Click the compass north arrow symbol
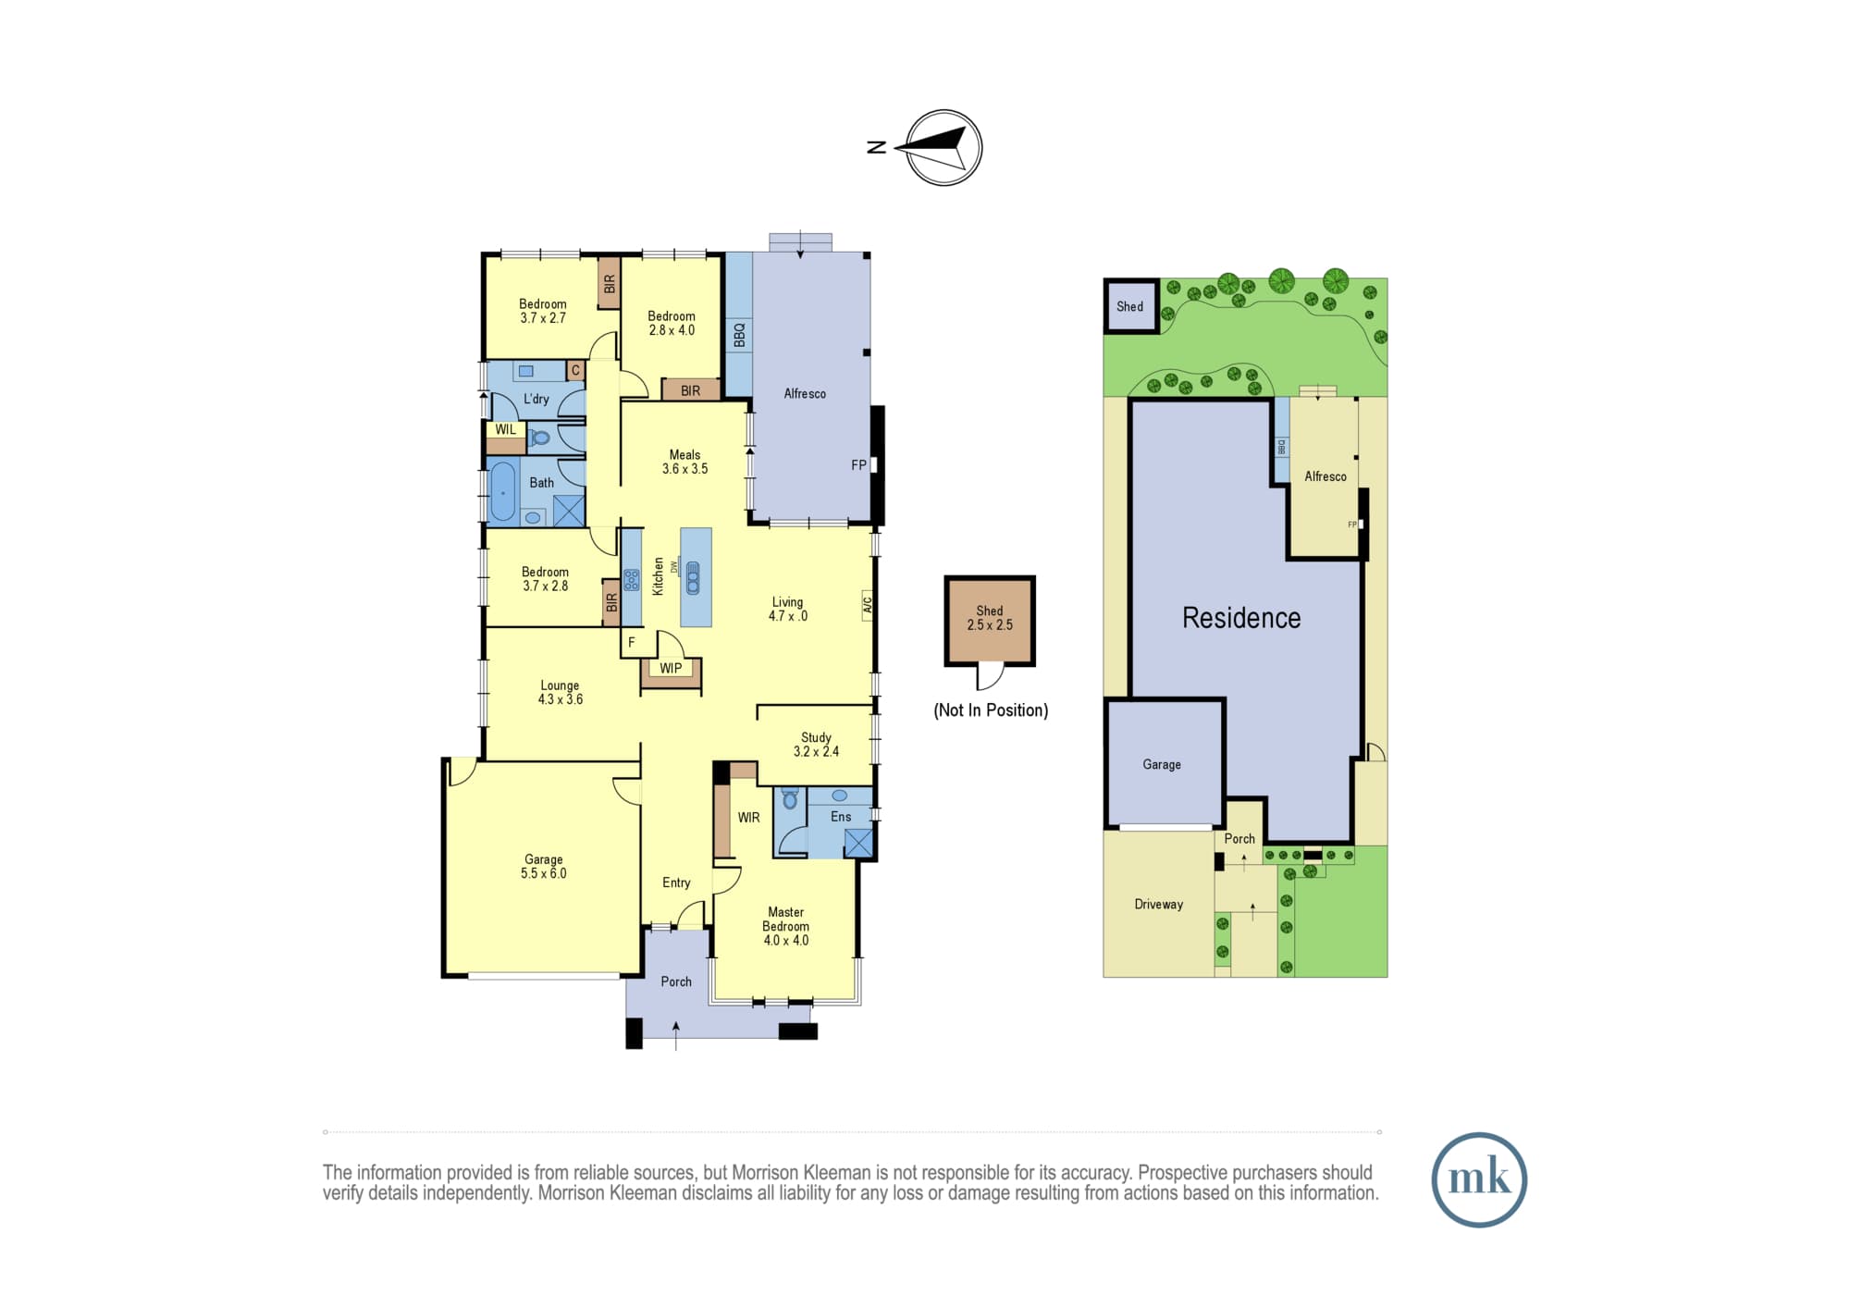pyautogui.click(x=943, y=148)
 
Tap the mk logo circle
pyautogui.click(x=1479, y=1179)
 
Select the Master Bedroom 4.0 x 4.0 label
pyautogui.click(x=786, y=926)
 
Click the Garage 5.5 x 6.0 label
pyautogui.click(x=544, y=866)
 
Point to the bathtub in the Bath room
pyautogui.click(x=502, y=491)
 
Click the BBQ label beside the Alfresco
pyautogui.click(x=739, y=334)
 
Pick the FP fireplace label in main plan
pyautogui.click(x=858, y=465)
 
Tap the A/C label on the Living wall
pyautogui.click(x=868, y=605)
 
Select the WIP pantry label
pyautogui.click(x=671, y=668)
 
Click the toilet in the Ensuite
pyautogui.click(x=790, y=798)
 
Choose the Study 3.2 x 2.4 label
pyautogui.click(x=816, y=745)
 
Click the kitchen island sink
pyautogui.click(x=693, y=578)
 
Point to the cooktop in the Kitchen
pyautogui.click(x=632, y=580)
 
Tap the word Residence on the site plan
pyautogui.click(x=1241, y=618)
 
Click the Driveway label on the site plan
pyautogui.click(x=1159, y=905)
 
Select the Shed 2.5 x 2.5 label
pyautogui.click(x=990, y=618)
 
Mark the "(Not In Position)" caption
pyautogui.click(x=991, y=710)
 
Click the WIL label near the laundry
pyautogui.click(x=506, y=429)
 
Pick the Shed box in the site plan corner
pyautogui.click(x=1130, y=306)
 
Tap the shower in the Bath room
pyautogui.click(x=569, y=511)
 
